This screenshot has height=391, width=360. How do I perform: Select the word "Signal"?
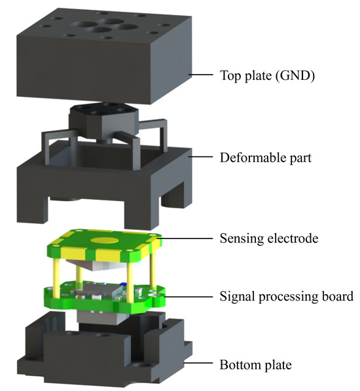coord(236,297)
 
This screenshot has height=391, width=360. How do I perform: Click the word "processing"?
coord(285,297)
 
